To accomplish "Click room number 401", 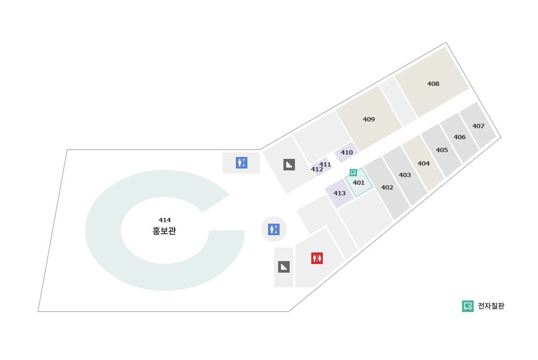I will pos(359,183).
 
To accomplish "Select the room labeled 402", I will pos(387,188).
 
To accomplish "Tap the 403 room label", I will pos(405,175).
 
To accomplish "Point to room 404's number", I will pos(424,164).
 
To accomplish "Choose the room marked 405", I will pos(442,150).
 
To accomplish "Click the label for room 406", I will pos(460,137).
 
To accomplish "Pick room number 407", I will pos(478,126).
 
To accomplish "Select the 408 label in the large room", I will pos(433,84).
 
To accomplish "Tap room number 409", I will pos(369,120).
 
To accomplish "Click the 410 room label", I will pos(347,153).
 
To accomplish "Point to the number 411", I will pos(326,165).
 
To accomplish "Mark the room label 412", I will pos(317,169).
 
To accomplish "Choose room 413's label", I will pos(340,193).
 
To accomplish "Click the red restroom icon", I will pos(317,258).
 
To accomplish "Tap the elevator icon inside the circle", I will pos(274,229).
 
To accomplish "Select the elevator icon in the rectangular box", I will pos(242,163).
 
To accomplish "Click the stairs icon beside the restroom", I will pos(284,267).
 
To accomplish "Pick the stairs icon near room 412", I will pos(289,165).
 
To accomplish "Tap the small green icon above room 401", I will pos(354,172).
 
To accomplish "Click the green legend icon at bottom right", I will pos(468,306).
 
